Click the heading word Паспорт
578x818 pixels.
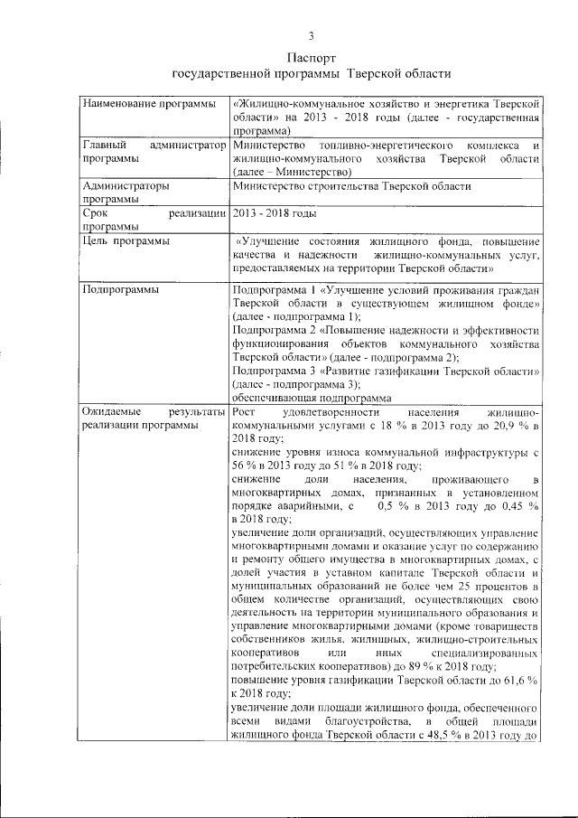tap(311, 57)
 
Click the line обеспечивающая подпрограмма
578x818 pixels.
tap(311, 398)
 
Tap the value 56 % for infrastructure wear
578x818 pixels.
tap(244, 465)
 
